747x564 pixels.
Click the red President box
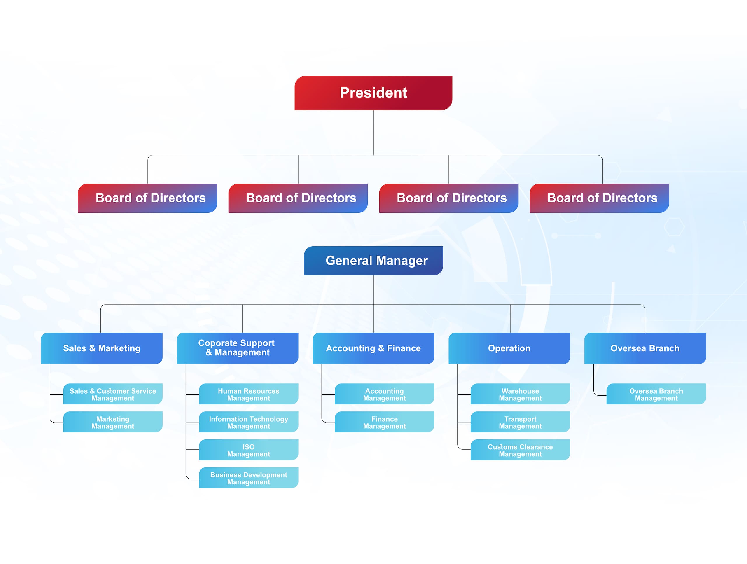pos(373,93)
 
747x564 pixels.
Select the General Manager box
pos(373,261)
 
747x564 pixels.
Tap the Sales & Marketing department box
pos(102,348)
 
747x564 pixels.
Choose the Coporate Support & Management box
pos(238,348)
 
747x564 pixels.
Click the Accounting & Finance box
pos(373,348)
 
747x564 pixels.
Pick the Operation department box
pos(509,348)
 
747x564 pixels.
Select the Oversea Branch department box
pos(645,348)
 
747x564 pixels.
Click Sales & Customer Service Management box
pos(113,394)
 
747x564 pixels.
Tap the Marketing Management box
pos(113,422)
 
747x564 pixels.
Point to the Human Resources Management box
pos(249,394)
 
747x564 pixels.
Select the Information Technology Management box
pos(249,422)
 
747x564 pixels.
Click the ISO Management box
pos(249,450)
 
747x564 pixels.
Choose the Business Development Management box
pos(249,478)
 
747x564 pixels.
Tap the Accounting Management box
pos(384,394)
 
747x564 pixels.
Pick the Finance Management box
pos(384,422)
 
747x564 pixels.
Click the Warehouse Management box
pos(520,394)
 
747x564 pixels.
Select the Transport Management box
pos(520,422)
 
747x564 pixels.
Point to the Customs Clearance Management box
pos(520,450)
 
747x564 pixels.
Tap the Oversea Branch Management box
pos(656,394)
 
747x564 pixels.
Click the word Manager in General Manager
pos(402,261)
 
